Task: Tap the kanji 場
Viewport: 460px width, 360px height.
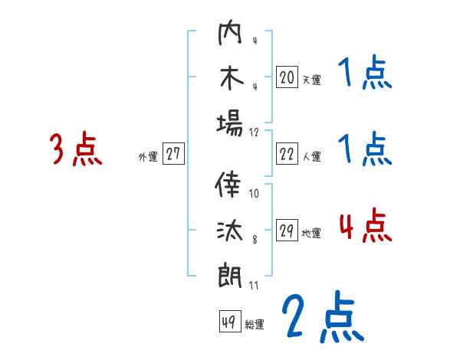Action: click(229, 122)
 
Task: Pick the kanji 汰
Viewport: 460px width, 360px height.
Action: click(229, 230)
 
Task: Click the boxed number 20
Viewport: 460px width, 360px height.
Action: click(287, 77)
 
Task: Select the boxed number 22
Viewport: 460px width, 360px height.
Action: click(287, 154)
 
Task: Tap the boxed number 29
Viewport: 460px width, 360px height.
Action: click(287, 231)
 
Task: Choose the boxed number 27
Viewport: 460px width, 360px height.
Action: click(173, 154)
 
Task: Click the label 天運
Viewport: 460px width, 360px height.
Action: click(311, 79)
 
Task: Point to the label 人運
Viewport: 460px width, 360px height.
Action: click(311, 156)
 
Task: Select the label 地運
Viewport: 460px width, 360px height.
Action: click(311, 234)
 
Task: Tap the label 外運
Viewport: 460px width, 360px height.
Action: click(147, 156)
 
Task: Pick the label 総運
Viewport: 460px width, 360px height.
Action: click(255, 325)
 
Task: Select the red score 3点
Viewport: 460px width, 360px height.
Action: click(76, 149)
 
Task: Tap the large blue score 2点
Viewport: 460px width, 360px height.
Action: click(322, 317)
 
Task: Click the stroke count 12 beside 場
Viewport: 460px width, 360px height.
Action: click(255, 132)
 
